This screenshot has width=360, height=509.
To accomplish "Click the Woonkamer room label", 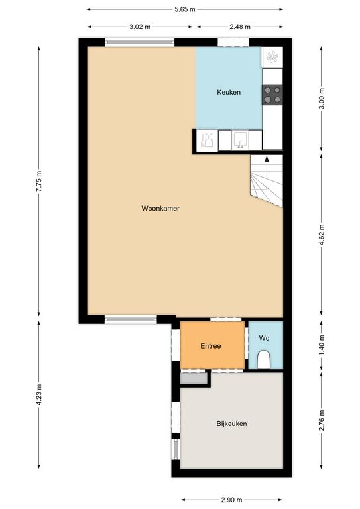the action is click(x=160, y=208).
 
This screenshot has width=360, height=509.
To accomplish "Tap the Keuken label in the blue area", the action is click(x=229, y=92).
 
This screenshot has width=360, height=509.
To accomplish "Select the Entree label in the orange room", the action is click(x=211, y=346).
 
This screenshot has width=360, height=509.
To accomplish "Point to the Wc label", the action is click(x=265, y=338).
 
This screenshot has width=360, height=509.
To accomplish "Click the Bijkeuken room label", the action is click(x=231, y=424).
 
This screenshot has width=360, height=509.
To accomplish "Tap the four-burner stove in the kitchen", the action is click(x=272, y=95).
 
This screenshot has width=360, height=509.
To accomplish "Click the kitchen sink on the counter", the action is click(x=240, y=141).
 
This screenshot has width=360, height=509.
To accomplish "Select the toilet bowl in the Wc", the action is click(x=264, y=360).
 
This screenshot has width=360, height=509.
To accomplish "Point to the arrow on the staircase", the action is click(x=267, y=173).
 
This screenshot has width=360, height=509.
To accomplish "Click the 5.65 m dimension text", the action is click(x=185, y=9).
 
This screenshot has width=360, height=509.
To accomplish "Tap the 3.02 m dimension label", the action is click(x=140, y=27).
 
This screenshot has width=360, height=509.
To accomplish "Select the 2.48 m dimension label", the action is click(x=240, y=27).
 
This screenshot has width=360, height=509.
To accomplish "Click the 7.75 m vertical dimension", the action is click(x=38, y=181).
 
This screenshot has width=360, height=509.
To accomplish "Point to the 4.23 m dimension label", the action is click(x=38, y=394).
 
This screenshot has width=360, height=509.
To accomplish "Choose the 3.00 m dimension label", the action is click(x=322, y=99).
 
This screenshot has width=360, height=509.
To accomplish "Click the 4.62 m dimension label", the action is click(x=322, y=235).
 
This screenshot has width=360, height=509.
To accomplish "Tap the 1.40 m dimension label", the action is click(x=322, y=347).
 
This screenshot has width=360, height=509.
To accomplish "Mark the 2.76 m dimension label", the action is click(x=322, y=420).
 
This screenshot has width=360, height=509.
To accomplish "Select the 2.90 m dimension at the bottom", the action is click(x=231, y=500).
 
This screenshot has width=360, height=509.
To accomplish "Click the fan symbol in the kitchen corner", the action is click(x=272, y=57).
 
